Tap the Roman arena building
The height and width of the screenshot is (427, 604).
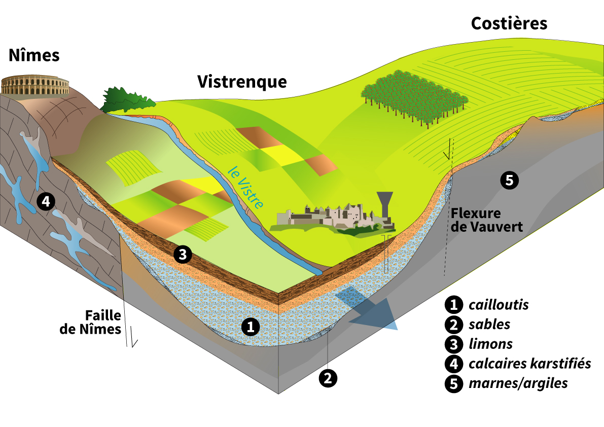pyautogui.click(x=35, y=86)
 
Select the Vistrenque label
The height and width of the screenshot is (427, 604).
pyautogui.click(x=242, y=81)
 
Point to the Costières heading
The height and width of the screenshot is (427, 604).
pyautogui.click(x=509, y=23)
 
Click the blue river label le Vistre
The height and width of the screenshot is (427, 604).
pyautogui.click(x=245, y=187)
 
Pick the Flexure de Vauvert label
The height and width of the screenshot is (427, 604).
pyautogui.click(x=486, y=220)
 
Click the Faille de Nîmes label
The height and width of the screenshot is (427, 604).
pyautogui.click(x=91, y=322)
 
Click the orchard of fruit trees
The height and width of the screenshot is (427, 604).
pyautogui.click(x=413, y=96)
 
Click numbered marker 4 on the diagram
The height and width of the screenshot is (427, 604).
pyautogui.click(x=46, y=202)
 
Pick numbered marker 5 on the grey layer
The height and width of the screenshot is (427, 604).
pyautogui.click(x=509, y=180)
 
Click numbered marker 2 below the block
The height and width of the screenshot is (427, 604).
pyautogui.click(x=328, y=377)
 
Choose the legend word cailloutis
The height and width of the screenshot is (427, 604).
pyautogui.click(x=499, y=305)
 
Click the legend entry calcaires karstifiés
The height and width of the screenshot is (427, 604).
pyautogui.click(x=529, y=364)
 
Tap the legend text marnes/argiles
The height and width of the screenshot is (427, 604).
pyautogui.click(x=518, y=383)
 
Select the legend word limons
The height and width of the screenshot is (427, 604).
pyautogui.click(x=490, y=344)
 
